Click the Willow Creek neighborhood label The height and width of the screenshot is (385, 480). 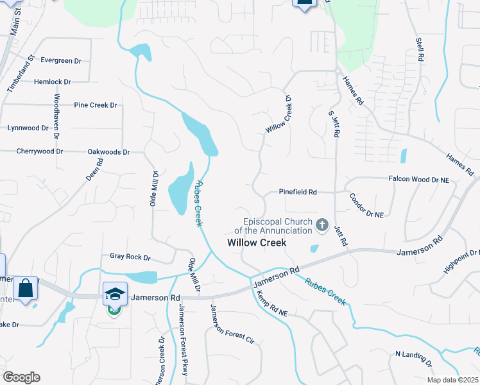point(257,243)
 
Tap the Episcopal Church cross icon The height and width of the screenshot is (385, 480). point(321,225)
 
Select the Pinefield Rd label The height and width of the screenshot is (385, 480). point(298,192)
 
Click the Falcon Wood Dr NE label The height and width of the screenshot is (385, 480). point(419,180)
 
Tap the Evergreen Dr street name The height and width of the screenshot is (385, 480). point(61,60)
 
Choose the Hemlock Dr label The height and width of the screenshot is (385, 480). point(53,82)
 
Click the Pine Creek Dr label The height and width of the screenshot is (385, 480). point(96,105)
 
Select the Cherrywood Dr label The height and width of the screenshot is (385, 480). point(40,151)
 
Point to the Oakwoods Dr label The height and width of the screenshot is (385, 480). point(108,152)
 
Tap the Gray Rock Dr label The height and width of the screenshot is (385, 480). point(130,257)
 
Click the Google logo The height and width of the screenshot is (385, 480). point(21,377)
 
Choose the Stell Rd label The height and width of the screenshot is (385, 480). point(420,49)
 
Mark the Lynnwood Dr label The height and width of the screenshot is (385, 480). point(28,128)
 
